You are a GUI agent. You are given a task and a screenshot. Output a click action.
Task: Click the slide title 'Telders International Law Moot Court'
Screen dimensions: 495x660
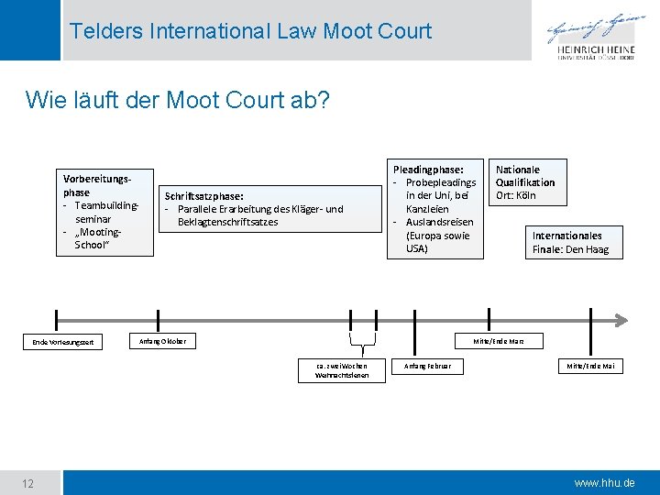click(x=250, y=30)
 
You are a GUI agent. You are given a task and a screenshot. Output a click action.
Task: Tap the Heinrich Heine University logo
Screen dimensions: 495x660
click(x=597, y=38)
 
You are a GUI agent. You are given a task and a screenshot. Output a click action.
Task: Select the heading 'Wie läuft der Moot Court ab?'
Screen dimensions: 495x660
click(x=179, y=99)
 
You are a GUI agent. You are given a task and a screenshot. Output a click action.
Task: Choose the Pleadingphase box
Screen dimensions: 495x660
click(x=433, y=208)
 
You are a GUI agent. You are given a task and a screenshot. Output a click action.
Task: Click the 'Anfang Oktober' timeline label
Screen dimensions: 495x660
click(x=161, y=341)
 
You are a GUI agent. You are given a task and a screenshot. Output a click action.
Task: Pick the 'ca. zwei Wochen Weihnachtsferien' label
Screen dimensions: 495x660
click(x=341, y=370)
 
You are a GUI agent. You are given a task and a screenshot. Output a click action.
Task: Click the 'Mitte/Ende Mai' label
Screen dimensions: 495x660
click(x=590, y=366)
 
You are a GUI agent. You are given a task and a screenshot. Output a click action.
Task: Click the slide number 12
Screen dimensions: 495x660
click(x=28, y=483)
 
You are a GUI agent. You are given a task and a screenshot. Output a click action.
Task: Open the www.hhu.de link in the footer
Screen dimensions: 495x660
click(x=603, y=483)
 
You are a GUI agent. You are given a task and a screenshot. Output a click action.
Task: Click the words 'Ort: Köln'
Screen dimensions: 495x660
click(x=516, y=195)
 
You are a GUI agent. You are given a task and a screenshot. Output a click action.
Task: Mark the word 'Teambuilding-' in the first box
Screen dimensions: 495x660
click(x=107, y=206)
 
